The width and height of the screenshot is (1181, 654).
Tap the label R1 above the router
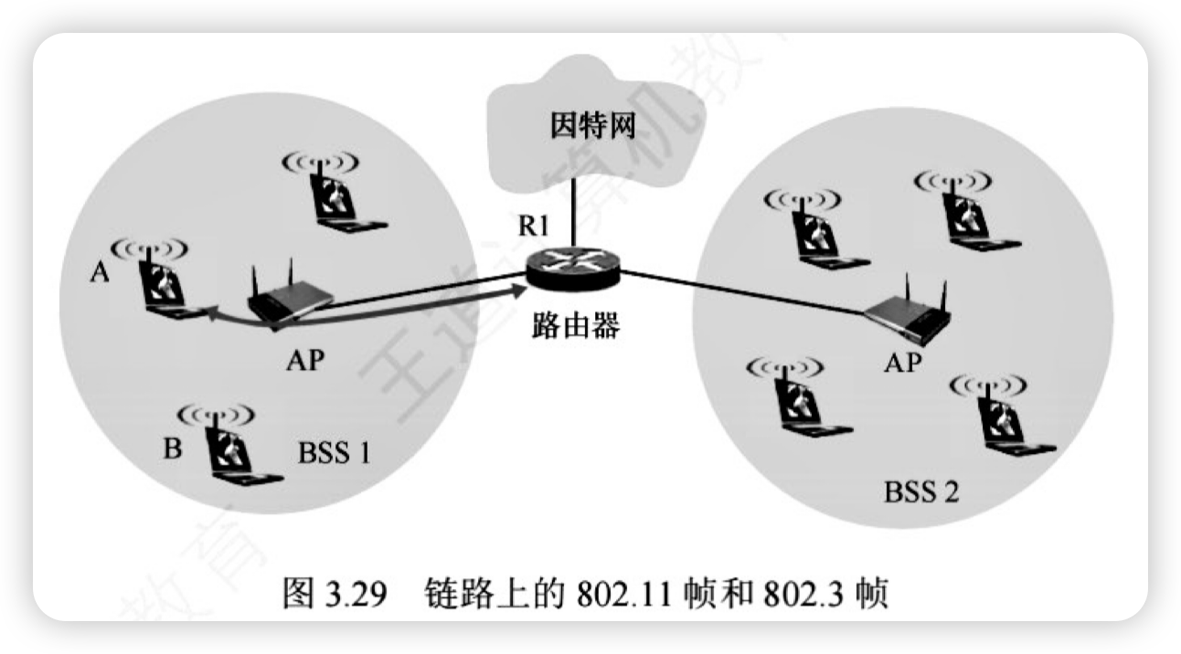(x=535, y=227)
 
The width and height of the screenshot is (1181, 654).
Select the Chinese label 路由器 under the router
(x=575, y=324)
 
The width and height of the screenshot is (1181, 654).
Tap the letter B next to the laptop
(x=172, y=448)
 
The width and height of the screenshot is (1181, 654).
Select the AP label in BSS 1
(x=304, y=361)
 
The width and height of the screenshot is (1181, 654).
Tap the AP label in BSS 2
(x=902, y=364)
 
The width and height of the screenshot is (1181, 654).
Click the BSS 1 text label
(x=335, y=451)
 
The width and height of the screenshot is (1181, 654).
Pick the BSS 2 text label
(x=921, y=492)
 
